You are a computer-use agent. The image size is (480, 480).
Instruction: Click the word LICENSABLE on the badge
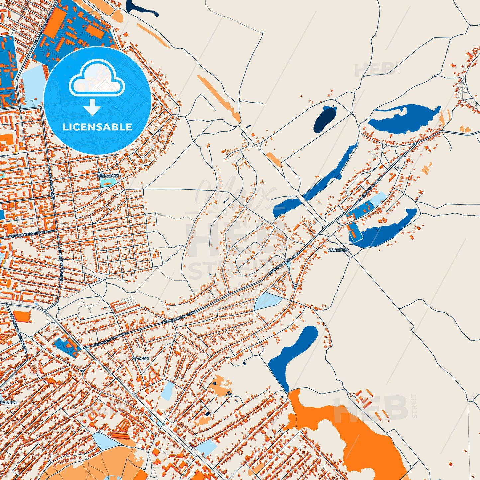pos(97,127)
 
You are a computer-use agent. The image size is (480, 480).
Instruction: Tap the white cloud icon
pos(97,80)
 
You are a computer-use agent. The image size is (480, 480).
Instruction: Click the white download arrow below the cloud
pos(92,107)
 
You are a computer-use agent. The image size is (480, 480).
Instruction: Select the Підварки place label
pos(108,176)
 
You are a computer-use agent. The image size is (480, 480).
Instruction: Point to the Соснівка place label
pos(338,250)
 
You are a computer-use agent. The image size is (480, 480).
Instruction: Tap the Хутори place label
pos(141,359)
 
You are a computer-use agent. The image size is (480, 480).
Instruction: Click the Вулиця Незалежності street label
pos(30,234)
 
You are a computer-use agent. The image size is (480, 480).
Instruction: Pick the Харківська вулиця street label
pos(42,28)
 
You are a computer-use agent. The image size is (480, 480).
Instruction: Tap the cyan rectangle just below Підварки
pos(108,182)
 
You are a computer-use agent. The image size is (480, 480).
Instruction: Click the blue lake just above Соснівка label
pos(385,229)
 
